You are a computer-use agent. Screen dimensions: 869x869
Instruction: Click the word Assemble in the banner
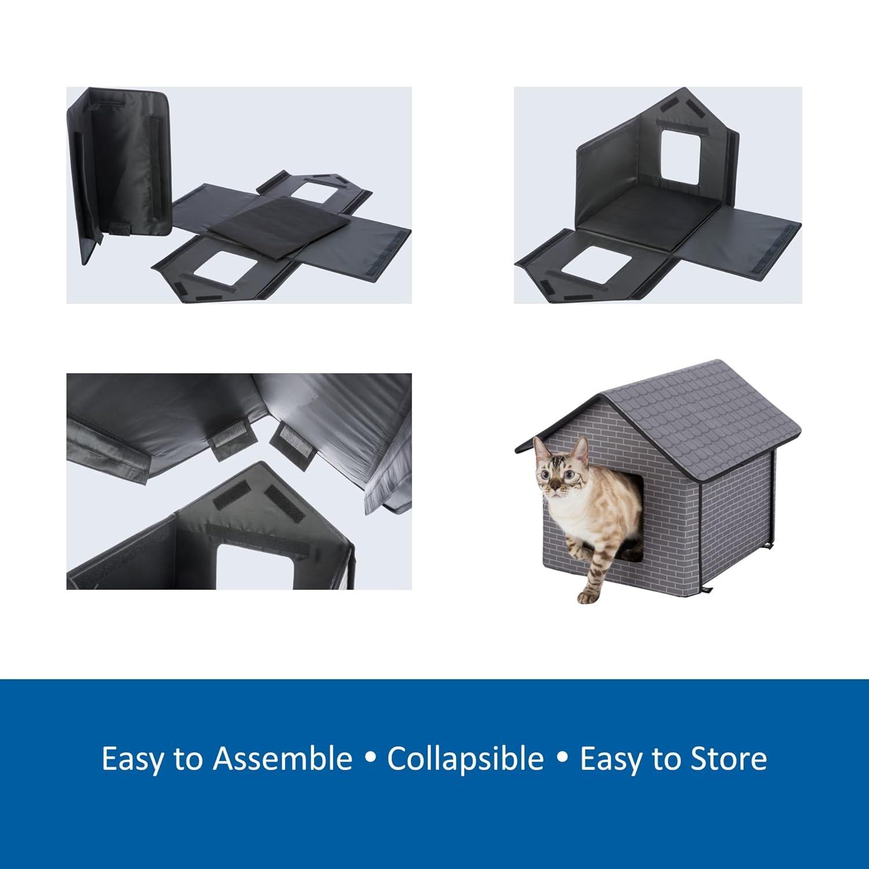pyautogui.click(x=282, y=758)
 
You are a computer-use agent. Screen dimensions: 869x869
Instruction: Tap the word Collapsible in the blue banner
pyautogui.click(x=465, y=758)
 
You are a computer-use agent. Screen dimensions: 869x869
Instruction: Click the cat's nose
pyautogui.click(x=555, y=481)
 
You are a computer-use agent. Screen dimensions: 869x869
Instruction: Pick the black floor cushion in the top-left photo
pyautogui.click(x=279, y=223)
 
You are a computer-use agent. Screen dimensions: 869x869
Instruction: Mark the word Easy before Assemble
pyautogui.click(x=132, y=758)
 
